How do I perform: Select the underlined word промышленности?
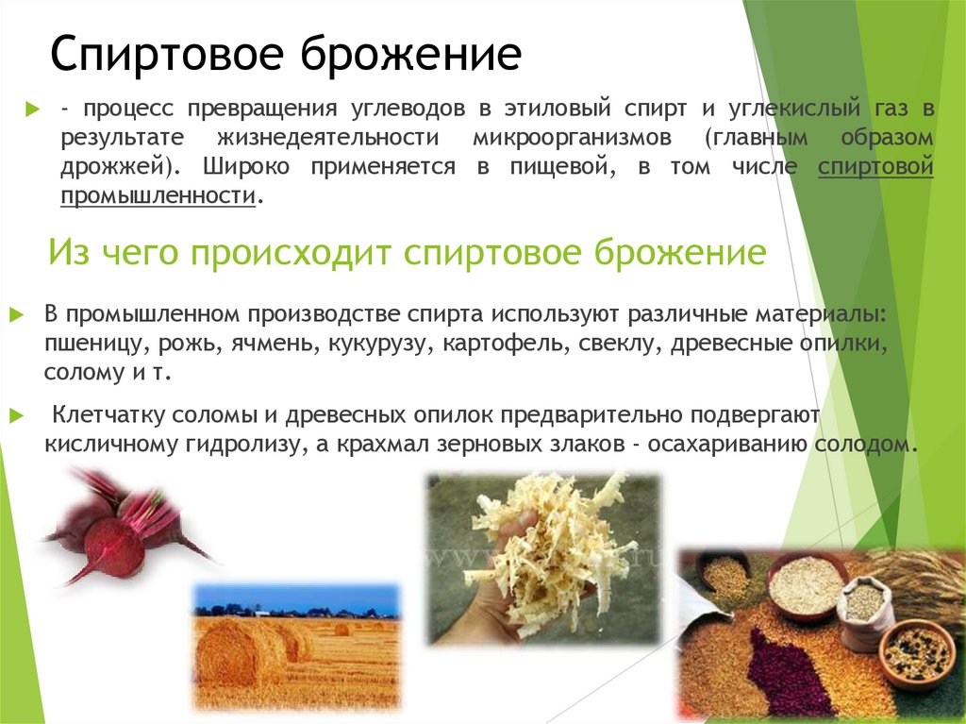coord(158,196)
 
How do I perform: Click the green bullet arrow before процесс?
coord(33,109)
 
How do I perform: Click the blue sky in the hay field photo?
coord(292,598)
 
